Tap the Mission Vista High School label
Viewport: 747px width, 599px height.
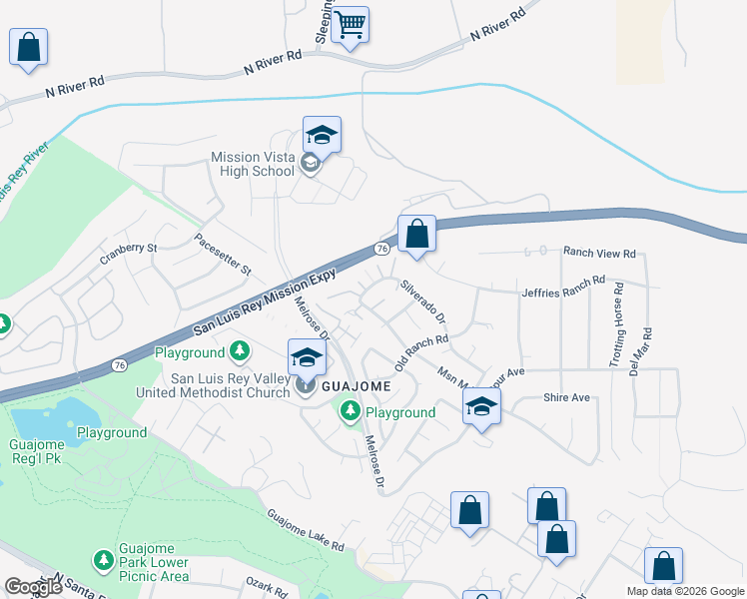[x=253, y=164]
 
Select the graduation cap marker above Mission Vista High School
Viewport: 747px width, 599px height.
[x=323, y=134]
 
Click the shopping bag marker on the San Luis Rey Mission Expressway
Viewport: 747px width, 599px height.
[x=416, y=235]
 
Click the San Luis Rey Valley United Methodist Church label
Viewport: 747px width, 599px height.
[x=231, y=385]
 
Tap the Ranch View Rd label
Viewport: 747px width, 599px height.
[x=599, y=254]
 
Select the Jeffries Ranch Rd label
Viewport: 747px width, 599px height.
[x=563, y=287]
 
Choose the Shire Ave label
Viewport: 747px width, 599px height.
[x=566, y=397]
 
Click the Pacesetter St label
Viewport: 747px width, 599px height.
[x=224, y=256]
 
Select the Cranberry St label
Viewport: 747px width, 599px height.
[x=129, y=254]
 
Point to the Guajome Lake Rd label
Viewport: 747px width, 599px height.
[x=306, y=532]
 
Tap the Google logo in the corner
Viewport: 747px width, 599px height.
[x=33, y=587]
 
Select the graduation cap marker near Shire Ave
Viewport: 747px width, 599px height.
[x=481, y=406]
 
